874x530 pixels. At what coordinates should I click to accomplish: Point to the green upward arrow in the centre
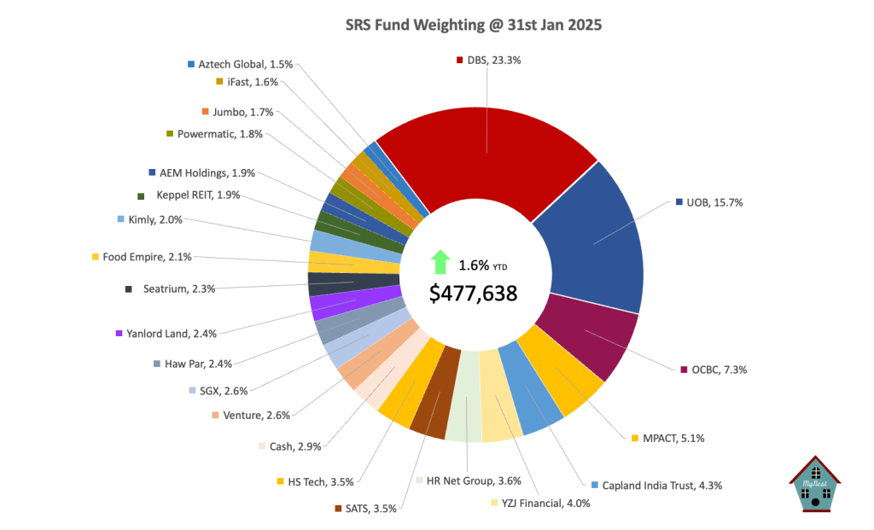[x=440, y=261]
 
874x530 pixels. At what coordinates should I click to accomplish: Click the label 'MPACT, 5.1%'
[x=673, y=438]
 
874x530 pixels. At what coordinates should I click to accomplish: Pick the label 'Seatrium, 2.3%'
[x=179, y=289]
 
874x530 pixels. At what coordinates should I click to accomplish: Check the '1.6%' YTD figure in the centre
[x=475, y=265]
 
